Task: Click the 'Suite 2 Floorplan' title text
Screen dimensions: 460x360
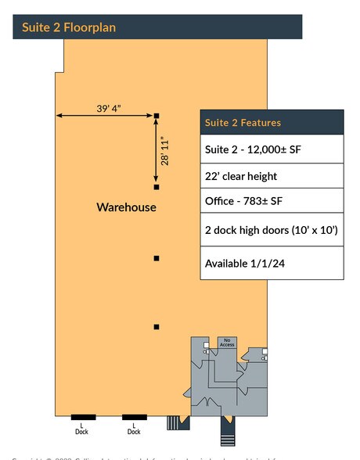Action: coord(69,27)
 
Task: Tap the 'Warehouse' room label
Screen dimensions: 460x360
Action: coord(126,207)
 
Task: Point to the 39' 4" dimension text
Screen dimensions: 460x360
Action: coord(109,109)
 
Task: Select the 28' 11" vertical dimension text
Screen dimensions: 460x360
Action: coord(164,151)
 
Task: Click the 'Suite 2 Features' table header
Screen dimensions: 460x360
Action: coord(243,123)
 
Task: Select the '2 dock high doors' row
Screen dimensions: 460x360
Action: coord(271,230)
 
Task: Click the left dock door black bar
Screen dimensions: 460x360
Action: coord(83,417)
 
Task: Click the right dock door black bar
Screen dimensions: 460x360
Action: coord(134,417)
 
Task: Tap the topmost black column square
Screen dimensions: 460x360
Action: coord(157,116)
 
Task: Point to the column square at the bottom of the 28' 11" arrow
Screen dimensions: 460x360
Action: coord(157,187)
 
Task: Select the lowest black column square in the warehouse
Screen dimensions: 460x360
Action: coord(157,327)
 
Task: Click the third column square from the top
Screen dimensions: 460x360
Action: coord(157,258)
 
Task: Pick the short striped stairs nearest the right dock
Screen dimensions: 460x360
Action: coord(173,423)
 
